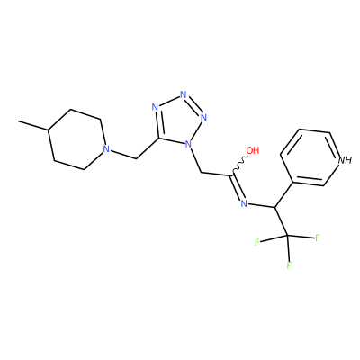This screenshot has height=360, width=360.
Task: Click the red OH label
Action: [253, 150]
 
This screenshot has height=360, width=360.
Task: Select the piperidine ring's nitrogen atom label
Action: [105, 149]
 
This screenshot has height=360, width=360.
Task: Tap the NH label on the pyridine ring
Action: [345, 160]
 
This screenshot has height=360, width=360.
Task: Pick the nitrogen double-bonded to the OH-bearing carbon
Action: [244, 203]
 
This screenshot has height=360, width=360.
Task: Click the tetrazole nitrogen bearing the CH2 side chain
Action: [188, 145]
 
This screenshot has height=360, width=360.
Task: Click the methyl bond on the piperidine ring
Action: [33, 125]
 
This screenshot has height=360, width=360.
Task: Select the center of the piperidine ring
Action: [76, 139]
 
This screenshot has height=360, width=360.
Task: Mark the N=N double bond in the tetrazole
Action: [194, 105]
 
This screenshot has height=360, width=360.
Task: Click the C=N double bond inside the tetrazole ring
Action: [157, 123]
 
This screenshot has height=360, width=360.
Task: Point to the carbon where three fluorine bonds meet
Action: [287, 236]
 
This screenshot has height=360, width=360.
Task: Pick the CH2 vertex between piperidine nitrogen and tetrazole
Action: [137, 159]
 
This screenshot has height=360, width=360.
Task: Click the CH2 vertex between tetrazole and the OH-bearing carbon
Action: [201, 173]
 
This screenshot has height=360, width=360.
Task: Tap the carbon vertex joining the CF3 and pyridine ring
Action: [274, 207]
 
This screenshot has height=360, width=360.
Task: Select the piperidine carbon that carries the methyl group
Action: [48, 130]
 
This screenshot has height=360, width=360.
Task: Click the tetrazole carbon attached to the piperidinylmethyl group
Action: [159, 139]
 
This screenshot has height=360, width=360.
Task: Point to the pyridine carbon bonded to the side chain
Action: [292, 182]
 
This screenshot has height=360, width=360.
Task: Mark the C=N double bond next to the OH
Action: [237, 188]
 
